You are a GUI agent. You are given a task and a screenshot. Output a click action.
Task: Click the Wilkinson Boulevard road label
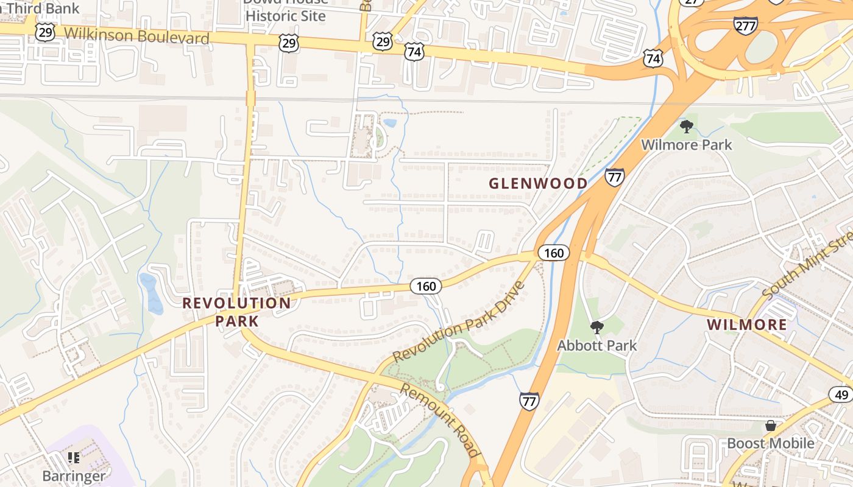(136, 36)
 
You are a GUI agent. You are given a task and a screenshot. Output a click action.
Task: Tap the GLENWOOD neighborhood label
(538, 183)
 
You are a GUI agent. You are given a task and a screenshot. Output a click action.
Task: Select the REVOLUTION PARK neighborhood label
(236, 312)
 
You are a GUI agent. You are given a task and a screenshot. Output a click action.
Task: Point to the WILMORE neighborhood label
(747, 324)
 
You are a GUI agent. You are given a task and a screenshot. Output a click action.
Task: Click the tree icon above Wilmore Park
(687, 127)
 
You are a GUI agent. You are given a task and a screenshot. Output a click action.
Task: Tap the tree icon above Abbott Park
(596, 328)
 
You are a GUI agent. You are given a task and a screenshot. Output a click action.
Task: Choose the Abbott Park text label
(596, 346)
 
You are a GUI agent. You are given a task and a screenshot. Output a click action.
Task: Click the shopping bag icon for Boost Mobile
(771, 426)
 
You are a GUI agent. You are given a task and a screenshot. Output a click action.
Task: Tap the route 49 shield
(841, 395)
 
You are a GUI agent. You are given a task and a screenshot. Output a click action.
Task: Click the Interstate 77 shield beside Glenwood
(614, 178)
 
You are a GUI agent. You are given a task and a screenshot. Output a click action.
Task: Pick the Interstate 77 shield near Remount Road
(529, 401)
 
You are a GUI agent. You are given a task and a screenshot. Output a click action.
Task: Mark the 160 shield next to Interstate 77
(553, 253)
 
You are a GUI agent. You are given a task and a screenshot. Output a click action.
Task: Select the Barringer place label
(74, 475)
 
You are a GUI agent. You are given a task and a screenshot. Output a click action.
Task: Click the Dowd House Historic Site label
(286, 10)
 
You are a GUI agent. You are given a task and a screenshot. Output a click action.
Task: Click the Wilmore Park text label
(687, 145)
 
